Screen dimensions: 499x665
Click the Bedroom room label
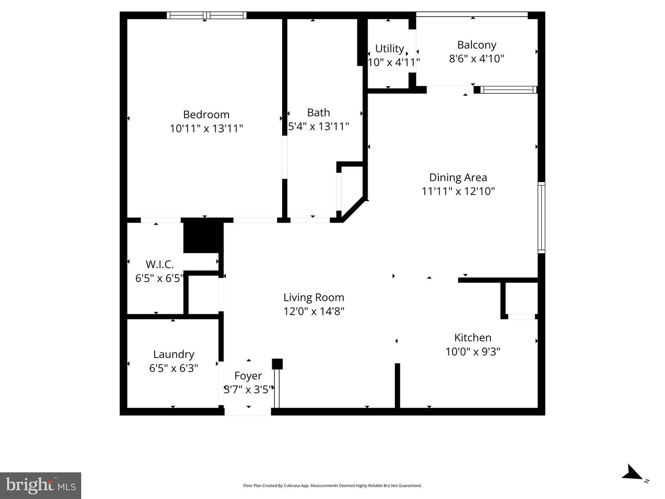[x=206, y=115]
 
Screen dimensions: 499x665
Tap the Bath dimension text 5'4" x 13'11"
[x=319, y=127]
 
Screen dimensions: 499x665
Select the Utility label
[x=389, y=49]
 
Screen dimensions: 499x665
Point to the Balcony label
[x=477, y=45]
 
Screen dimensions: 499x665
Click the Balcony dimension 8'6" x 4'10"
[x=477, y=59]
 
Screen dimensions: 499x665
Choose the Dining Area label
[x=458, y=177]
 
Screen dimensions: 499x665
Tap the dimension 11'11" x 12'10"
[x=458, y=191]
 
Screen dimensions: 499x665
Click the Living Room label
[x=314, y=298]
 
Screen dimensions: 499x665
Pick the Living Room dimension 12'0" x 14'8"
[x=314, y=311]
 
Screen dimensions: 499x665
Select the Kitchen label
[x=472, y=338]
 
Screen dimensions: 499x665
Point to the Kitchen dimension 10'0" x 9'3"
[x=472, y=352]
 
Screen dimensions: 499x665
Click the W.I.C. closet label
[x=160, y=265]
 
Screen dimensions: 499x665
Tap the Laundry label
[x=174, y=354]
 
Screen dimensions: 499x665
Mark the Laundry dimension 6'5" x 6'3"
[x=174, y=368]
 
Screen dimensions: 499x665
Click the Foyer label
[x=248, y=376]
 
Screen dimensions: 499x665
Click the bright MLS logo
[x=41, y=485]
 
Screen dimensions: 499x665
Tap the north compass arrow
[x=632, y=474]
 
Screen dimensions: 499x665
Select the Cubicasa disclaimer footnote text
[x=332, y=486]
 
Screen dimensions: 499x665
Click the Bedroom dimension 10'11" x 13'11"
[x=206, y=128]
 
